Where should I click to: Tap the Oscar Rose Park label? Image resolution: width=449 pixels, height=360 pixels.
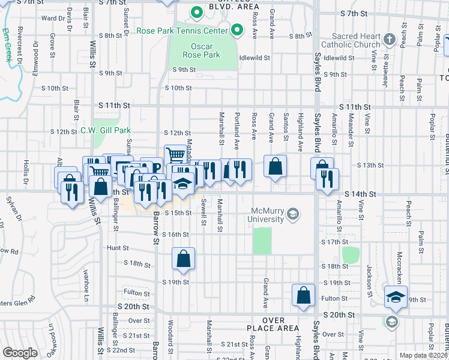point(201,50)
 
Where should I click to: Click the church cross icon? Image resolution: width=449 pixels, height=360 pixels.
point(390,40)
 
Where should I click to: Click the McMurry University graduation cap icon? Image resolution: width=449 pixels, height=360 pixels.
point(293,214)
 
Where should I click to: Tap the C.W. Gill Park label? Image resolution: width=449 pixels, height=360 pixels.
point(105,130)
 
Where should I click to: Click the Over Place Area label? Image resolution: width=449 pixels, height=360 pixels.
point(273,325)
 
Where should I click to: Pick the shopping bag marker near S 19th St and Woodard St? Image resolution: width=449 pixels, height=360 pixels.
point(184,259)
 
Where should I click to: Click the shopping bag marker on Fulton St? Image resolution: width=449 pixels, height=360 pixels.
point(304,295)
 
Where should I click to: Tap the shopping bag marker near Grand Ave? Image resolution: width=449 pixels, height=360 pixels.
point(275,167)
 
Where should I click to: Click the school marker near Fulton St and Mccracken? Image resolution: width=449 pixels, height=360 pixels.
point(396,297)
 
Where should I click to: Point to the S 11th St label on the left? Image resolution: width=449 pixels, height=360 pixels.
point(115,106)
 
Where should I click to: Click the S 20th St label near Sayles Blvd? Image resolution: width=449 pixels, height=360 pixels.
point(340,315)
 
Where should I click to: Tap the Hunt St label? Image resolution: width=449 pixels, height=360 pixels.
point(118,247)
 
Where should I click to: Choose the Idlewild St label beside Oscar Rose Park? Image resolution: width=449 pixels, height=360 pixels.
point(255,58)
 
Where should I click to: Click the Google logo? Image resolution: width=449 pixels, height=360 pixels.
point(20,353)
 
